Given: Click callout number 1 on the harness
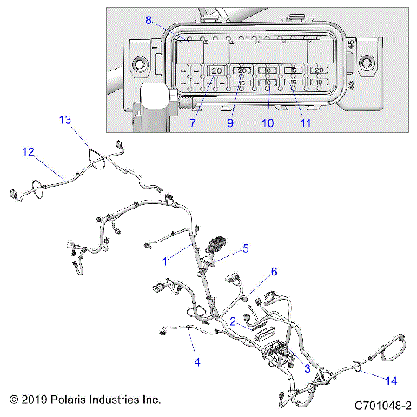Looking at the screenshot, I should [x=166, y=260].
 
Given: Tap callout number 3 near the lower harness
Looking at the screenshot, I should [x=306, y=367].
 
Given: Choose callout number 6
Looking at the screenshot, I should [x=274, y=272].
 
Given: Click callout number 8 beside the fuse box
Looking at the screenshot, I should [x=149, y=20].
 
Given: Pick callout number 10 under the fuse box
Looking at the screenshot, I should [x=268, y=123].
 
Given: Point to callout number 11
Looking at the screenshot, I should [x=305, y=123].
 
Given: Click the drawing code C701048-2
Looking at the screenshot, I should [x=382, y=405].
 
